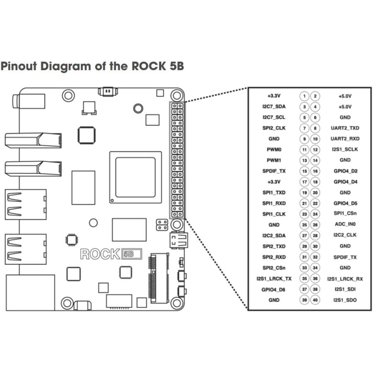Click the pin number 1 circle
[x=305, y=96]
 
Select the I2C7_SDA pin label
[x=274, y=107]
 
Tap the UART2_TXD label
[x=345, y=128]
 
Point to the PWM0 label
[x=274, y=149]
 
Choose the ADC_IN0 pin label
[x=345, y=225]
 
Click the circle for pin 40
[x=315, y=300]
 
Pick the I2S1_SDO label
[x=345, y=300]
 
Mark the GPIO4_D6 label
[x=274, y=289]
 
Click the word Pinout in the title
[x=18, y=66]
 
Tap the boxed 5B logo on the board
[x=132, y=254]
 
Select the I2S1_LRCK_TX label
[x=274, y=279]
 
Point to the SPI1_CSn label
[x=345, y=213]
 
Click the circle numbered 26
[x=315, y=225]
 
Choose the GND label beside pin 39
[x=274, y=300]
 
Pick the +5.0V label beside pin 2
[x=345, y=96]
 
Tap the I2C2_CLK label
[x=345, y=235]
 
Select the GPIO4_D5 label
[x=345, y=203]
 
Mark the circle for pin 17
[x=305, y=182]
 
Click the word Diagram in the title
[x=65, y=66]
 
